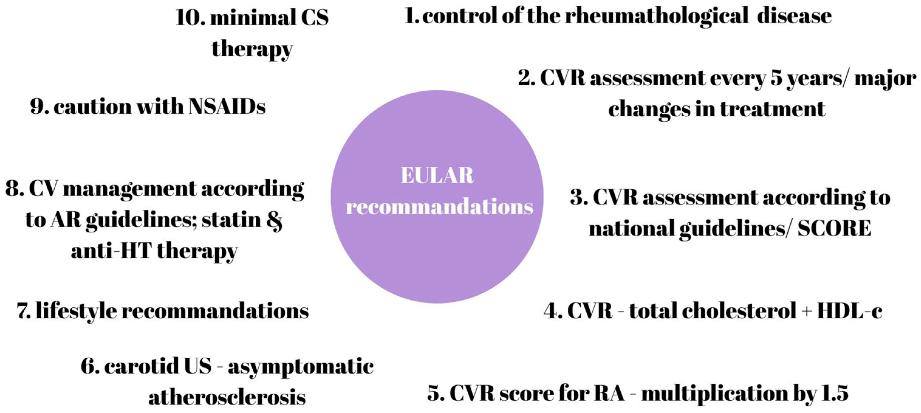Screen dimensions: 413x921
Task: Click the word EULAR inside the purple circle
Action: pyautogui.click(x=437, y=176)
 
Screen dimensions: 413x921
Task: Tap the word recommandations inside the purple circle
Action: pyautogui.click(x=439, y=207)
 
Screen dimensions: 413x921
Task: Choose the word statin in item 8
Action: pyautogui.click(x=231, y=220)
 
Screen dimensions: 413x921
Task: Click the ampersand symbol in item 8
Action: pyautogui.click(x=274, y=220)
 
